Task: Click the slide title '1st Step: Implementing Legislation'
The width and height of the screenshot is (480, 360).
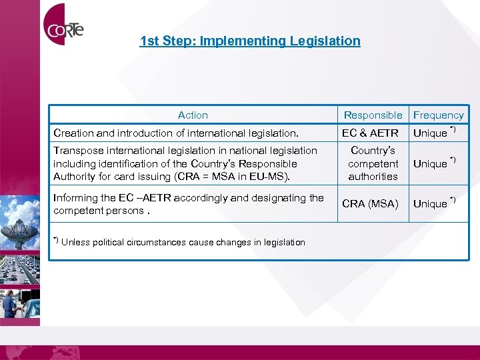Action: (250, 41)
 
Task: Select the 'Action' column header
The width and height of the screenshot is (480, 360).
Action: (193, 115)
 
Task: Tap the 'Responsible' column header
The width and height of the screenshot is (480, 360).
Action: (373, 115)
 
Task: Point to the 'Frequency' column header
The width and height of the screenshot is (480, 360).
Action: (439, 115)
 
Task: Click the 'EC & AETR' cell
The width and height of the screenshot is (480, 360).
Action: (370, 133)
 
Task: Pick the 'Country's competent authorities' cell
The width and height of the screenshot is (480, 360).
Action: (373, 163)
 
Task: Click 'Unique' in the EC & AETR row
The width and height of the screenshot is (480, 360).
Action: (431, 133)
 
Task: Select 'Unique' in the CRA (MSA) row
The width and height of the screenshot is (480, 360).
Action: (431, 203)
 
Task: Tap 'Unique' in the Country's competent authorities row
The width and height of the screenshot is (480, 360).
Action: (431, 163)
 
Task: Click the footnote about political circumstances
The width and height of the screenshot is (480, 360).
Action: (179, 242)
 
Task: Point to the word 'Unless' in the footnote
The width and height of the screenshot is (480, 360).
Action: (75, 242)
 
